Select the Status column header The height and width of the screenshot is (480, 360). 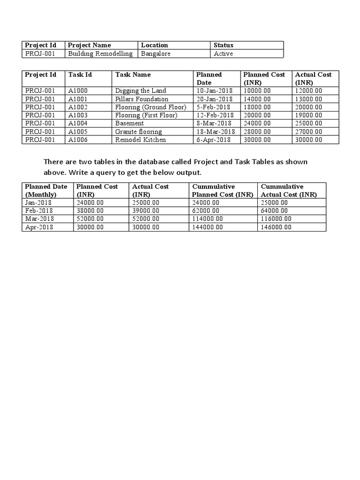coord(223,45)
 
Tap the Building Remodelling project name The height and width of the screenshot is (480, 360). coord(100,53)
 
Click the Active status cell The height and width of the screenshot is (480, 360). coord(223,53)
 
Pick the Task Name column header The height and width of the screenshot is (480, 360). coord(133,75)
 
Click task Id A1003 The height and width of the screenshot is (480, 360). coord(78,115)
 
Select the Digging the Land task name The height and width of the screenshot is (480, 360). coord(141,90)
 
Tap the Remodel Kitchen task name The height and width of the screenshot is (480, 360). coord(141,140)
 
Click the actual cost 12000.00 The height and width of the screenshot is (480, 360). coord(308,90)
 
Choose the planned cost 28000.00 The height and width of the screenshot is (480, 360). coord(257,132)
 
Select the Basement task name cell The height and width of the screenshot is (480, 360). coord(129,123)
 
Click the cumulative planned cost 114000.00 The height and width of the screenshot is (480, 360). coord(208,219)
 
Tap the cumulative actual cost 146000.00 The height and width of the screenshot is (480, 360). coord(276,227)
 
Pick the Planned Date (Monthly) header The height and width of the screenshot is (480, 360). coord(46,190)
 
